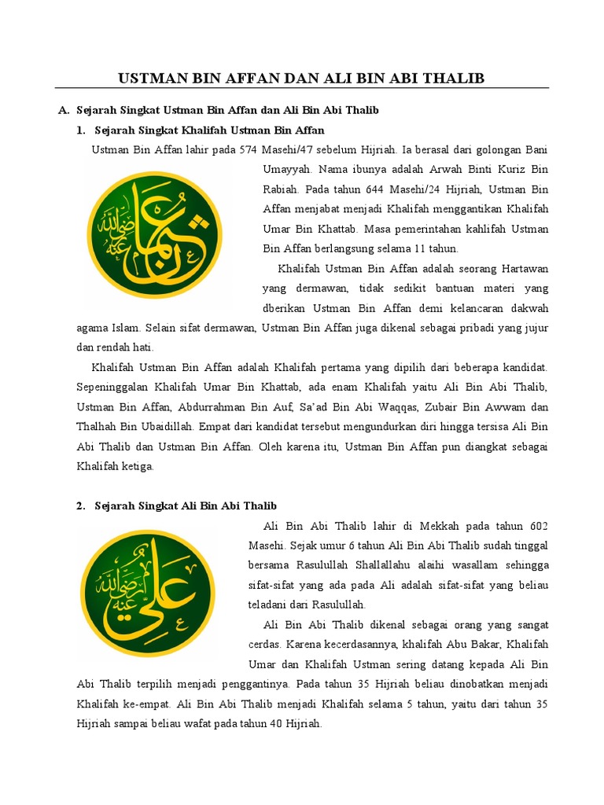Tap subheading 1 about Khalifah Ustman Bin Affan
[209, 130]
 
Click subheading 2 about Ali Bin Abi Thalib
[186, 505]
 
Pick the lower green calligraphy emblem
[148, 593]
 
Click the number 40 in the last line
[267, 723]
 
